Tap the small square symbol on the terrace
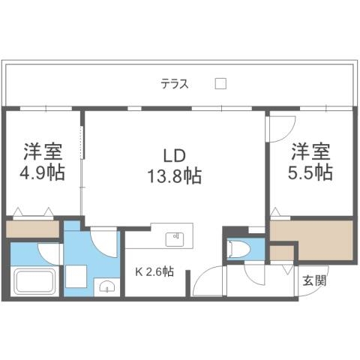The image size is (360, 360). (x=220, y=84)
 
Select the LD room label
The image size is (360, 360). (x=173, y=156)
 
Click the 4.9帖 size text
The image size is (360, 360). (x=43, y=172)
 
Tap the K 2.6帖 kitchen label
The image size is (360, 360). (x=154, y=272)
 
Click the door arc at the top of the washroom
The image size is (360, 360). (x=103, y=243)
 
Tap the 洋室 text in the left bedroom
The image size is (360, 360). (x=43, y=148)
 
